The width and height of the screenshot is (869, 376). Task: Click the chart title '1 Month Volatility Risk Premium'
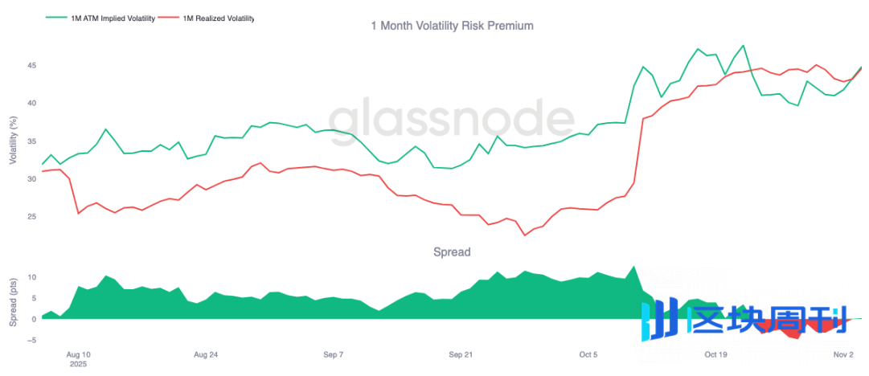tap(452, 26)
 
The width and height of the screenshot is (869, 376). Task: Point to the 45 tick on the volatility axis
tap(31, 65)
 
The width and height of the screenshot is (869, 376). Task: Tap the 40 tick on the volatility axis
tap(31, 103)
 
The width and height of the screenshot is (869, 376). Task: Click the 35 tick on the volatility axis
tap(31, 141)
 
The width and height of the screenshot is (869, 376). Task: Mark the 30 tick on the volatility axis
tap(31, 179)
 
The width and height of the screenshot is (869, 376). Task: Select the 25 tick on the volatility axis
tap(31, 217)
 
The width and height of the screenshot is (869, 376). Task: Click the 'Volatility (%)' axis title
tap(13, 141)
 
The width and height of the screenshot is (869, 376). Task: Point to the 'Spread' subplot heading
tap(452, 251)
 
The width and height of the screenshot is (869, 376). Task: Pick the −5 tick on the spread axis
tap(31, 340)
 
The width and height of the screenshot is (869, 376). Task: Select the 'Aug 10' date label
tap(77, 354)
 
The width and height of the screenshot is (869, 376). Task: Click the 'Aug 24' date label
tap(207, 354)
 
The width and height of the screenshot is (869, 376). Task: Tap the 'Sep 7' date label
tap(333, 354)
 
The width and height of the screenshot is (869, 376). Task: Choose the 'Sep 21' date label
tap(461, 354)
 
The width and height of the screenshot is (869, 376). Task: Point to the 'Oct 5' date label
tap(588, 354)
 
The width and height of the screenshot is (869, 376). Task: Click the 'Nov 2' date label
tap(842, 354)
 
